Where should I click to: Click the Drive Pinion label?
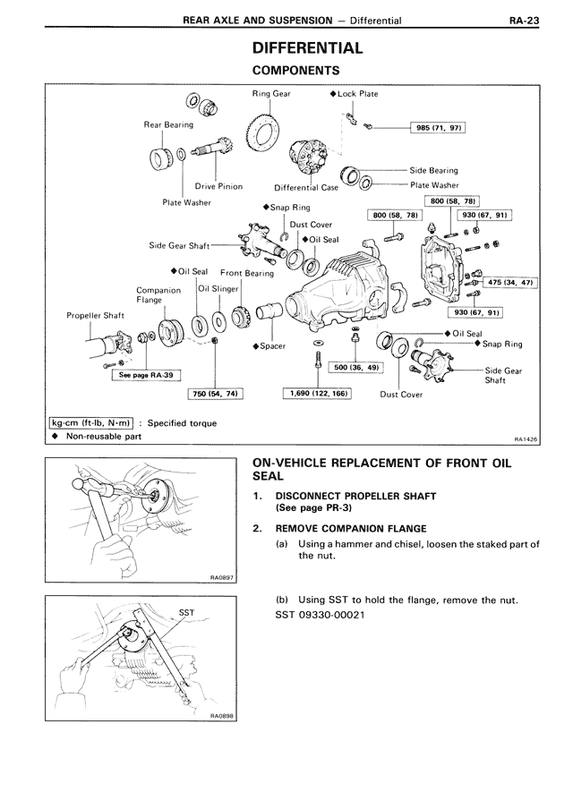[219, 187]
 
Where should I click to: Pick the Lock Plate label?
[357, 93]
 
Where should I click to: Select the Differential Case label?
[306, 188]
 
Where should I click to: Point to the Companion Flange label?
[158, 295]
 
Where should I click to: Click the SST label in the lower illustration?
[187, 613]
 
